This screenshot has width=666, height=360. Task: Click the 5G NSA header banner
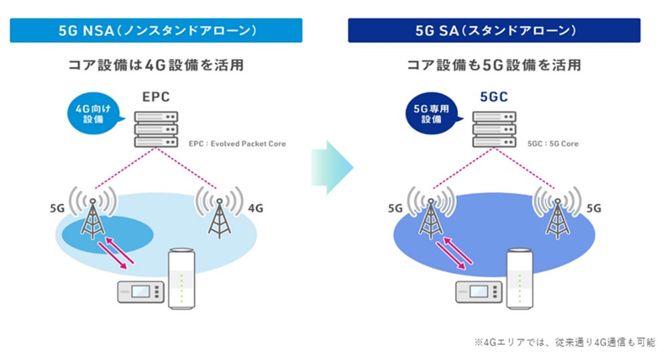click(156, 30)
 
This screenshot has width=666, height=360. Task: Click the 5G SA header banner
click(494, 30)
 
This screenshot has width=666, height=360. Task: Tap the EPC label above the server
click(155, 97)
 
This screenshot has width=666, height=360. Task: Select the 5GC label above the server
click(493, 97)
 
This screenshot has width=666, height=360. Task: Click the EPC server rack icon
click(156, 129)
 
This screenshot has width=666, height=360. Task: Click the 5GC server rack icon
click(494, 129)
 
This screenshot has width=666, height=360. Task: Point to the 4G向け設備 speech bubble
click(94, 113)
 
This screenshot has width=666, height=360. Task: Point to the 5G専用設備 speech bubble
click(432, 113)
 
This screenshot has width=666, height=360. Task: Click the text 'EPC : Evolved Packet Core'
click(237, 144)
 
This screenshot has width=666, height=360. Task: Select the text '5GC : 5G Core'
click(553, 144)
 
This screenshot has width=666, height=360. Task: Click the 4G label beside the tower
click(255, 209)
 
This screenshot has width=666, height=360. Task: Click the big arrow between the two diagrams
click(332, 167)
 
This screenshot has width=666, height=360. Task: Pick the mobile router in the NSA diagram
click(141, 292)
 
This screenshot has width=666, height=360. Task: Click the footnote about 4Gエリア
click(565, 342)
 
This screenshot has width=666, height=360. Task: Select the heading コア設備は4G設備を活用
click(156, 66)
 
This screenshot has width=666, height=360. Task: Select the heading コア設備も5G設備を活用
click(494, 66)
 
